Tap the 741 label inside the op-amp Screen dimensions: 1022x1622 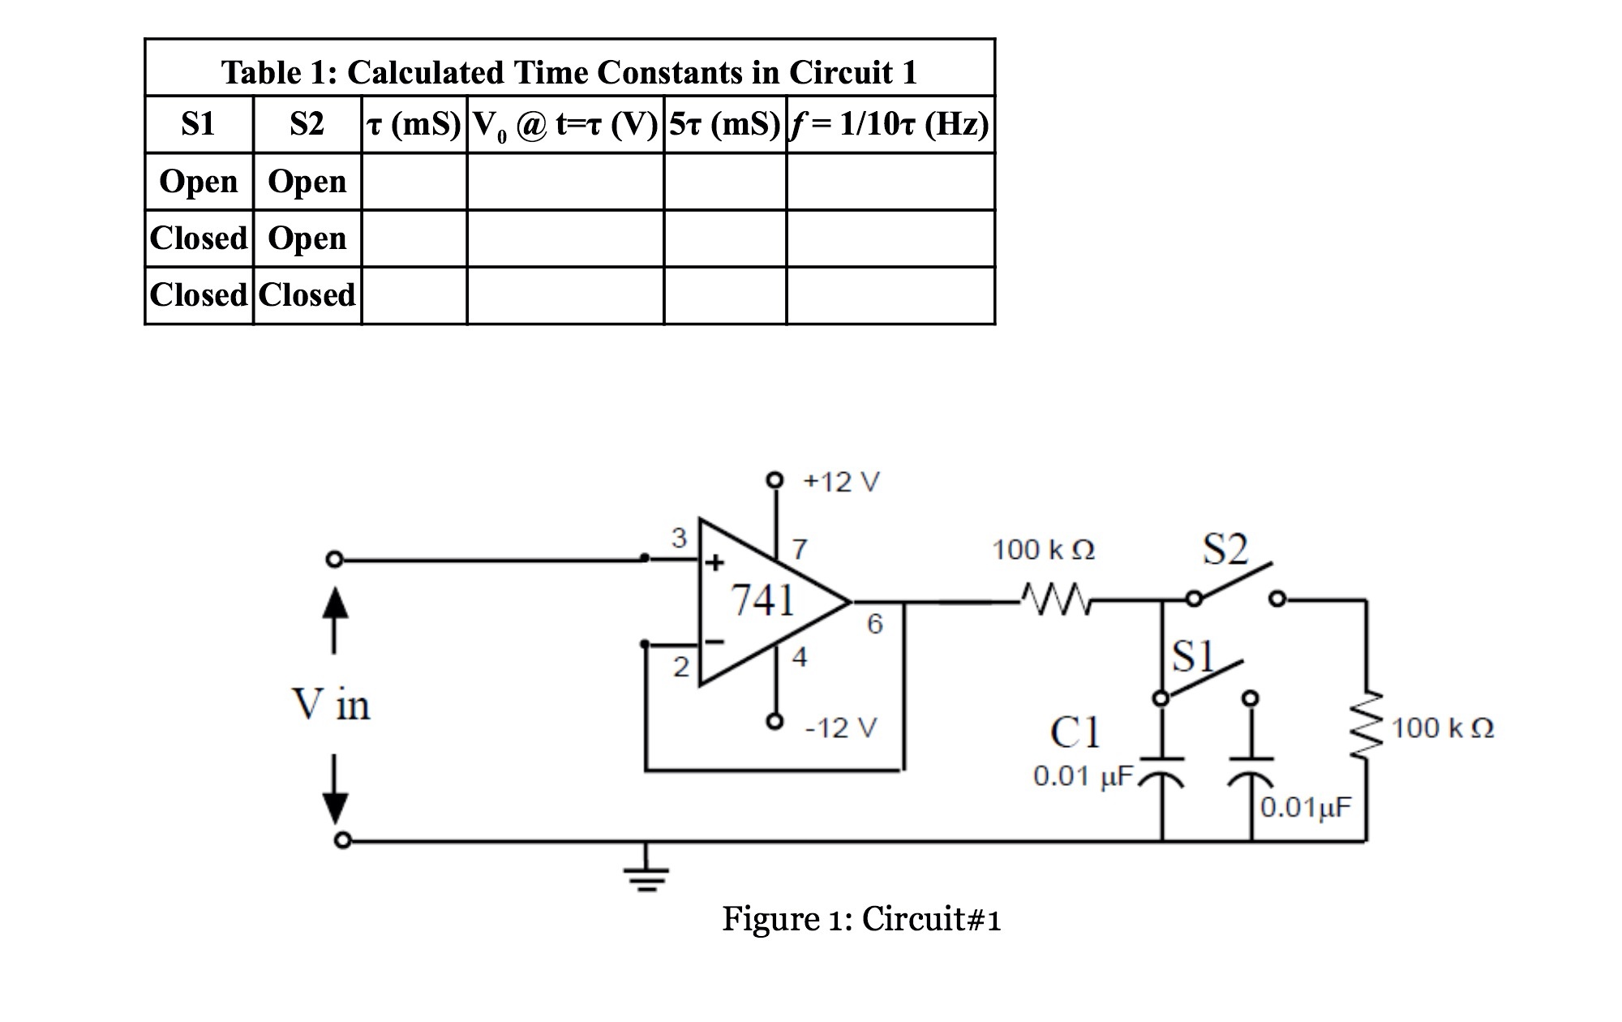coord(762,601)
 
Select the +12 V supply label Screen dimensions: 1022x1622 coord(841,482)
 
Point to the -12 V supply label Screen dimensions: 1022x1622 coord(841,728)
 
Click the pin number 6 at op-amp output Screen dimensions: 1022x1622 coord(874,624)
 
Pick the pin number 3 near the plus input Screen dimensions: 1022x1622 coord(679,537)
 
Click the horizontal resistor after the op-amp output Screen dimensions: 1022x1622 coord(1054,599)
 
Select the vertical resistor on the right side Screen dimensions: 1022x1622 coord(1367,726)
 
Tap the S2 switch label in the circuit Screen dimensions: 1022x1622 coord(1225,550)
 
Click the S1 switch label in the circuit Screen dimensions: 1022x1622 coord(1193,655)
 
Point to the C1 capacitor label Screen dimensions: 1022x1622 coord(1075,732)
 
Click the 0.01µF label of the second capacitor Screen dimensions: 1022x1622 coord(1306,807)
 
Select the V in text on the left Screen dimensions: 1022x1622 coord(330,703)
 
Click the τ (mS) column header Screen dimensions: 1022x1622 coord(414,124)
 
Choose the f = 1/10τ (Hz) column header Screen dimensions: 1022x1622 coord(890,124)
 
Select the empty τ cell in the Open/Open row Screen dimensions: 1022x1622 coord(414,182)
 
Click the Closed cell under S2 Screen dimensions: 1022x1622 coord(307,295)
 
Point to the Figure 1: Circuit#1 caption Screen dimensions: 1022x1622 coord(861,919)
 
